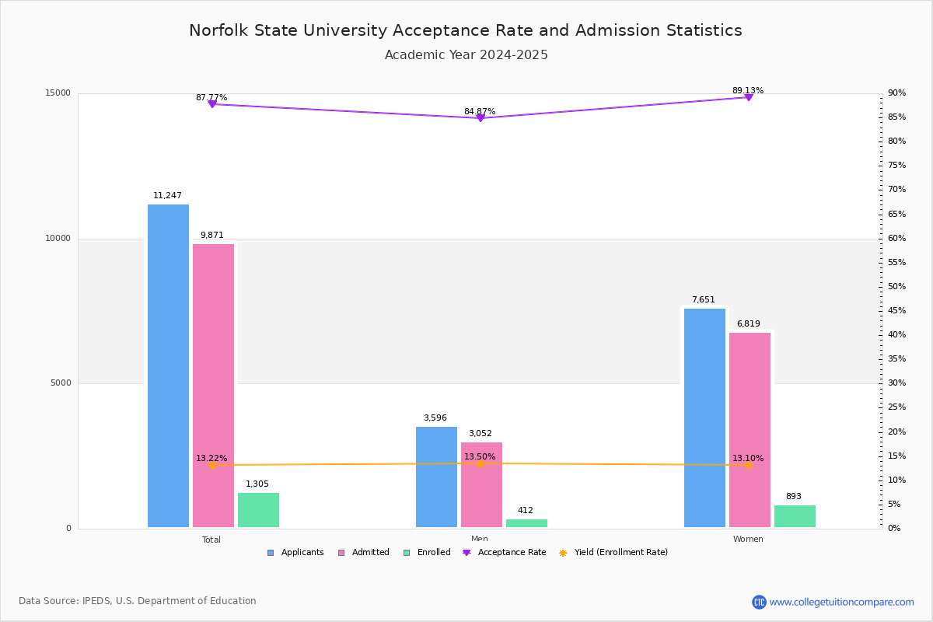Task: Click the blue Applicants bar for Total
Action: (x=168, y=365)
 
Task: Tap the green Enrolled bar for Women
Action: (x=795, y=516)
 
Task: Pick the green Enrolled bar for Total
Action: (x=258, y=510)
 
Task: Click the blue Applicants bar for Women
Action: (x=704, y=418)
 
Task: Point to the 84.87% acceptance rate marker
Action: (x=480, y=118)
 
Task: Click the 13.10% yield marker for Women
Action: (x=749, y=465)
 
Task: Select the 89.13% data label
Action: (x=748, y=91)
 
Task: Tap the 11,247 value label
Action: (x=167, y=196)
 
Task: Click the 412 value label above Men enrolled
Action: (x=526, y=511)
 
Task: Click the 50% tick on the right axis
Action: (x=896, y=287)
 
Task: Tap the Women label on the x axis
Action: (x=748, y=540)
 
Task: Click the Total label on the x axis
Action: (x=211, y=540)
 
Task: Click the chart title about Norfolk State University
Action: (x=466, y=30)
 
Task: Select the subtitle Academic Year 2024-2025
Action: (x=466, y=55)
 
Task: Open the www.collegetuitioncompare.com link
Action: (x=841, y=602)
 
